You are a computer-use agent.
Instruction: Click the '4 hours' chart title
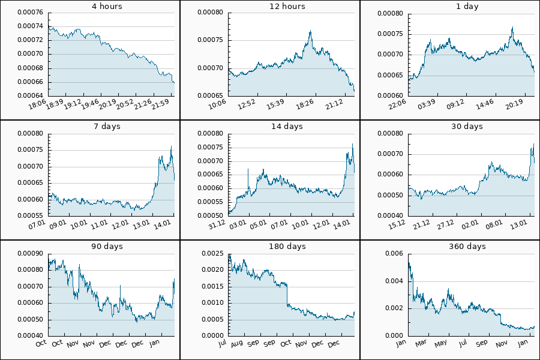90,7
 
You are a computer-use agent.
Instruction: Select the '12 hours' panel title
269,7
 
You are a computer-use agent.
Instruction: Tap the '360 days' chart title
449,247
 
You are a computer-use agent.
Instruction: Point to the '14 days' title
269,127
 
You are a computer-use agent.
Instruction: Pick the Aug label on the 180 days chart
236,344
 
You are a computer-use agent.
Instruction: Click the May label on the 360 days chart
442,344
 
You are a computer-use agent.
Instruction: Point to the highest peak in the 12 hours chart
310,31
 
